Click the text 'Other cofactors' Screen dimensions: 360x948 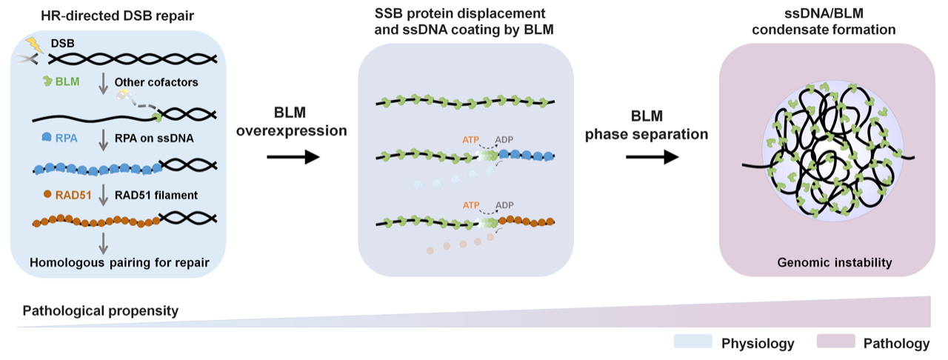pos(158,82)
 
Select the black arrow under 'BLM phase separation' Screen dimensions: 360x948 pos(652,157)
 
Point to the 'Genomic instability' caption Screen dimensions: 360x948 pos(824,262)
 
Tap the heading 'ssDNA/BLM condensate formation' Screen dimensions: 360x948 pos(824,21)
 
